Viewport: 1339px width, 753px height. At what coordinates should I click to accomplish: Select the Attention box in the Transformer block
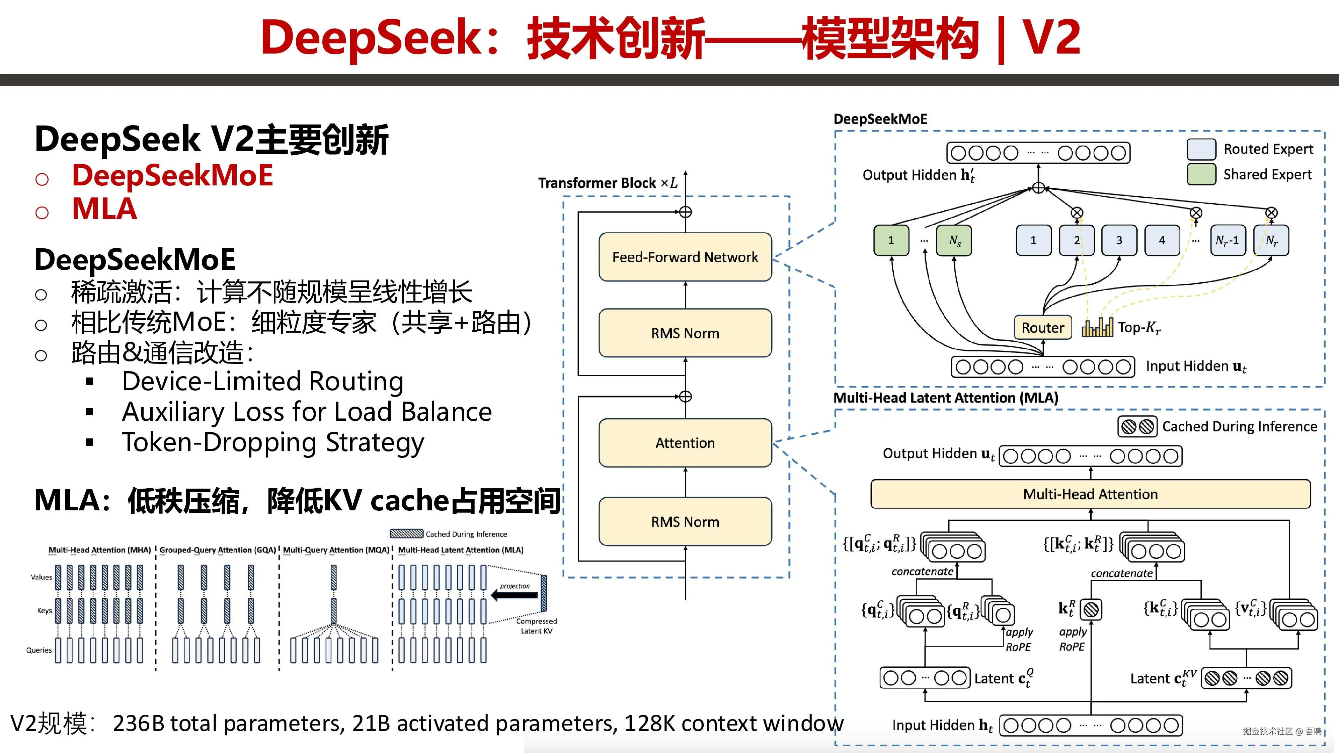[685, 443]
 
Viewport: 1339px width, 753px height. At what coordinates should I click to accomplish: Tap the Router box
[1043, 327]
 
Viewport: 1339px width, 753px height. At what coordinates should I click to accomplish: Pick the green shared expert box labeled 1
[891, 240]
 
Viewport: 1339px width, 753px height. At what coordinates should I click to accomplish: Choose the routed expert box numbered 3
[1119, 240]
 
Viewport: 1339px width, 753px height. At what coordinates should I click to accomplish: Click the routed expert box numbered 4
[1162, 240]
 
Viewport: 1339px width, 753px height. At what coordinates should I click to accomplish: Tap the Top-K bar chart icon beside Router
[1097, 327]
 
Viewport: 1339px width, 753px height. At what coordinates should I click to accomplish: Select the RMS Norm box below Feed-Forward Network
[685, 333]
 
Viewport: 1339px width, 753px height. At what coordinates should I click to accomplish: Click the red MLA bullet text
[104, 209]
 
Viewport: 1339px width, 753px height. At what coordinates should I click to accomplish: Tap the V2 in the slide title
[1051, 37]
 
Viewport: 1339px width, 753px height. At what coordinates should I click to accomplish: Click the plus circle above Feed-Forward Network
[686, 212]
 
